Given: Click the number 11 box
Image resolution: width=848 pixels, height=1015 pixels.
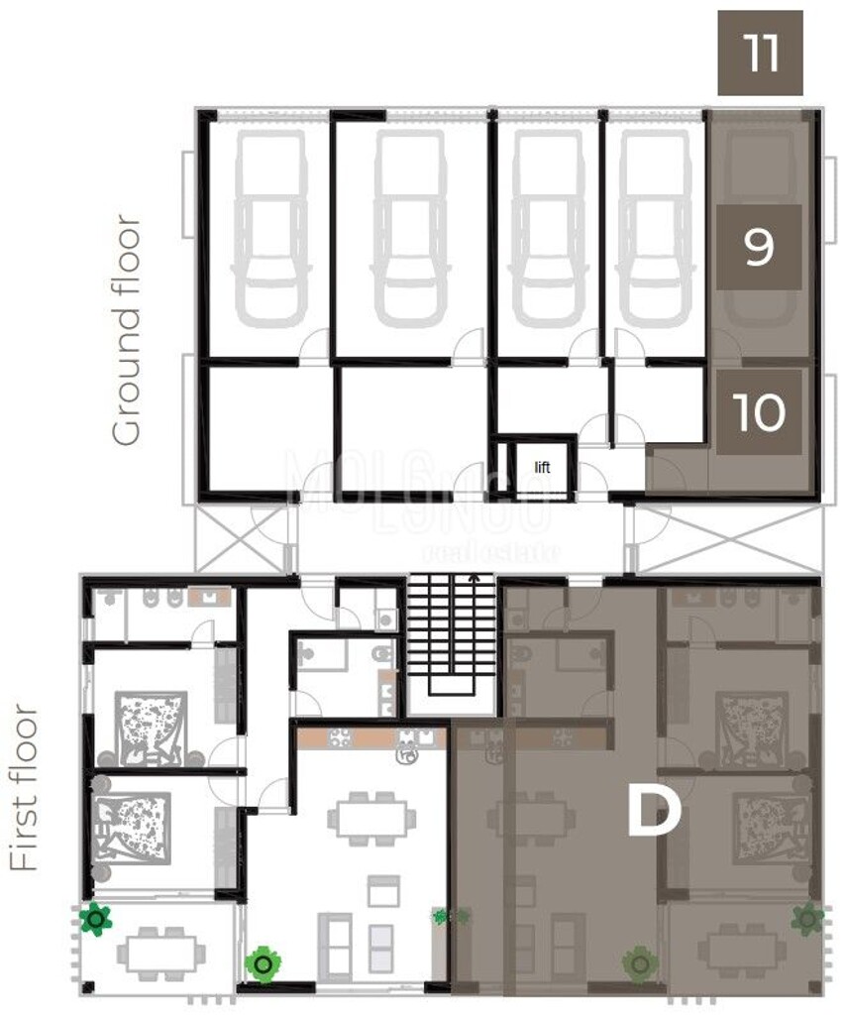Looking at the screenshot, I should [760, 54].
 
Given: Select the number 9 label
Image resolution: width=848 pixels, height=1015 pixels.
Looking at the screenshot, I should [758, 248].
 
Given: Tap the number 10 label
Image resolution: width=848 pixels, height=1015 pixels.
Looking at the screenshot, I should [760, 412].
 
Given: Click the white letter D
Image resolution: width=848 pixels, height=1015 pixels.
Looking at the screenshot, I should [654, 813].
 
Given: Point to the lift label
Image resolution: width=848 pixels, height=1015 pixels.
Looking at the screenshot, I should [542, 466].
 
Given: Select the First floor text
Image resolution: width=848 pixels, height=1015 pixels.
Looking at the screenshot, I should [26, 788].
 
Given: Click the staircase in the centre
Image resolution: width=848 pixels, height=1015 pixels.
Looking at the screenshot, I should [452, 634].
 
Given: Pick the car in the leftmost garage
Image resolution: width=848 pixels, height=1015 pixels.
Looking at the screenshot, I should [269, 228].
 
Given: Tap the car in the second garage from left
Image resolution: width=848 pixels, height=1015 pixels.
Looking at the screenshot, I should [409, 228].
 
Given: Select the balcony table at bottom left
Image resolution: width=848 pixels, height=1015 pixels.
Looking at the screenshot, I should [153, 953].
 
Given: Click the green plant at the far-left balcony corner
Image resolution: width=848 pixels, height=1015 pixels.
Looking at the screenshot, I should [95, 921].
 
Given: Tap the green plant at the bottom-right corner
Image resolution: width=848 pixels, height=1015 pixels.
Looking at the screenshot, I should [807, 921].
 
